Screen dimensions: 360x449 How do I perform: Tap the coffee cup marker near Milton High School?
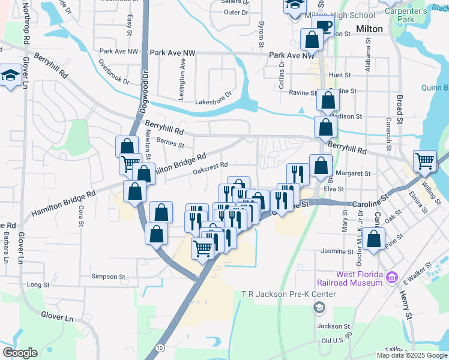pyautogui.click(x=324, y=26)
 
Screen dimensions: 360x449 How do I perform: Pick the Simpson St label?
pyautogui.click(x=107, y=277)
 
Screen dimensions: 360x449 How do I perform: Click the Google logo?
pyautogui.click(x=20, y=352)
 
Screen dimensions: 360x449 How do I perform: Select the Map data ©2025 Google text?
pyautogui.click(x=411, y=355)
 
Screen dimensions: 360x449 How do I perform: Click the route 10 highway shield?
pyautogui.click(x=159, y=348)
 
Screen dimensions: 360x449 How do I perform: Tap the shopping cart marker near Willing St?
pyautogui.click(x=424, y=161)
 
